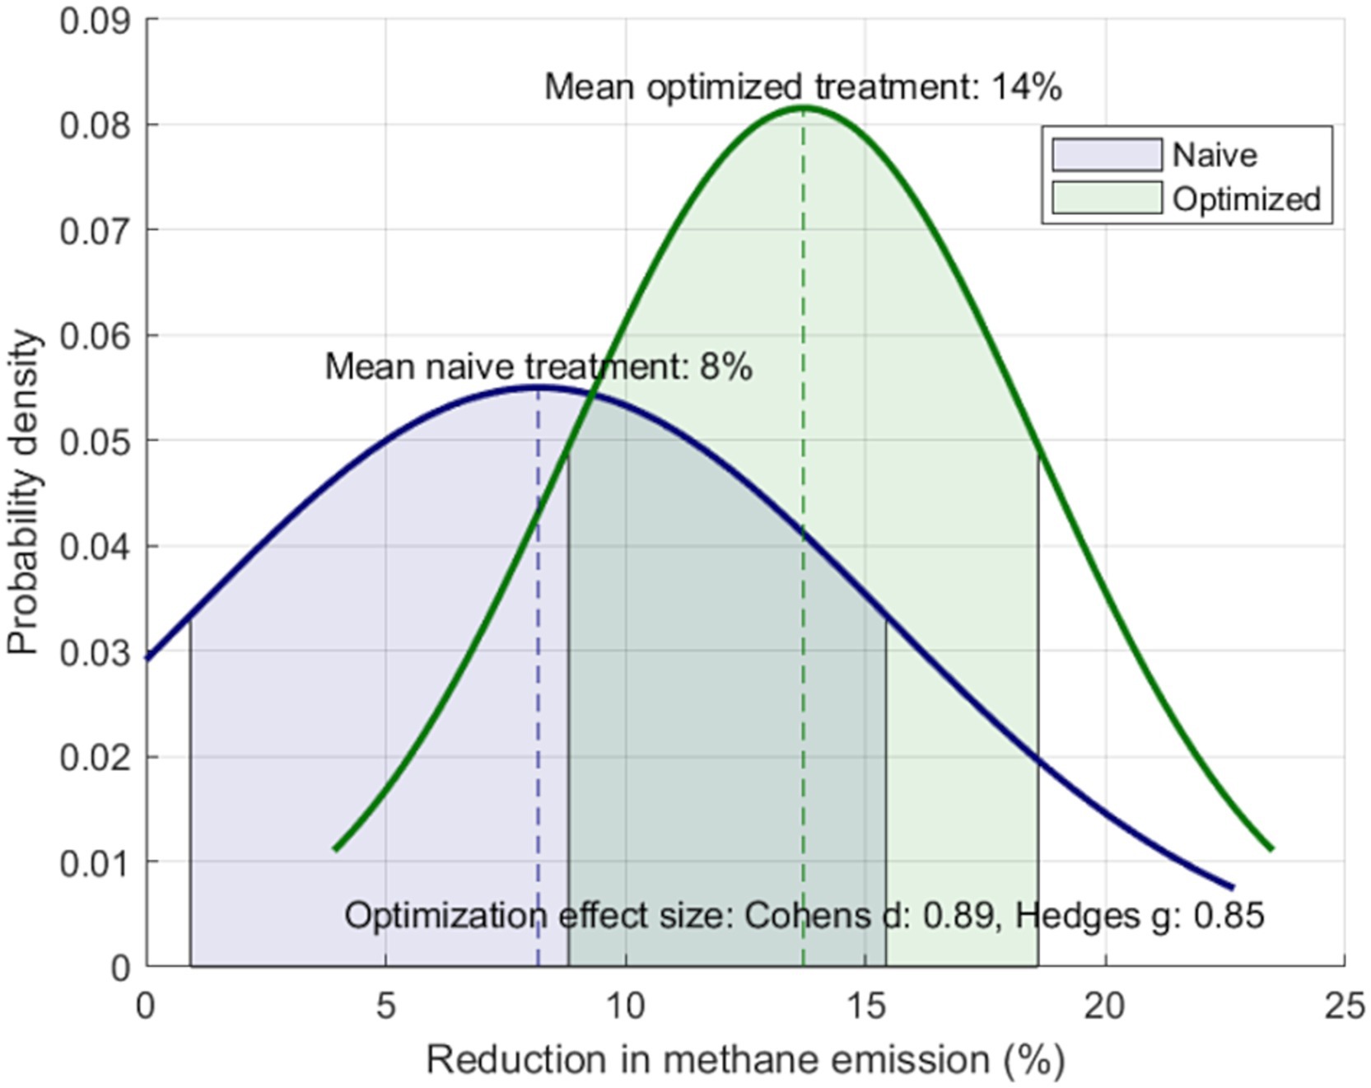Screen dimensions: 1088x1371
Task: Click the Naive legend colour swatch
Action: click(1107, 155)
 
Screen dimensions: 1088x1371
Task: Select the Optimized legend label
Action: click(1246, 199)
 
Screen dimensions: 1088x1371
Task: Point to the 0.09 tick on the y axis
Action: click(96, 21)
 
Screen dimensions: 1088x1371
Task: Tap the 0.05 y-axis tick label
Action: click(96, 441)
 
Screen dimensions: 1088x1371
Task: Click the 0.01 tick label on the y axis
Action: click(96, 862)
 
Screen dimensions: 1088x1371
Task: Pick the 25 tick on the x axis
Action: click(1345, 1006)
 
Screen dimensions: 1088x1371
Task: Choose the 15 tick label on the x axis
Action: click(865, 1006)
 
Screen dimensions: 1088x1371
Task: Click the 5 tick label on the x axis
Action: click(385, 1006)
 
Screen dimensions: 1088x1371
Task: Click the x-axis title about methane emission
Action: click(745, 1060)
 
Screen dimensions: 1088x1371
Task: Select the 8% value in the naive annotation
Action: click(725, 367)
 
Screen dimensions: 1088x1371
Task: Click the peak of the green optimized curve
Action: click(804, 107)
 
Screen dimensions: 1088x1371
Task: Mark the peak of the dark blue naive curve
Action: click(538, 386)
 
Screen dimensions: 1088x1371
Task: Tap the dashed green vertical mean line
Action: click(804, 659)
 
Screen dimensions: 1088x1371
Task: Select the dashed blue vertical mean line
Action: click(538, 741)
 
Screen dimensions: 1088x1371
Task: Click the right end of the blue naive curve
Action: click(1232, 887)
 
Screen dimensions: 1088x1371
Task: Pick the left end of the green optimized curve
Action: click(335, 848)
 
